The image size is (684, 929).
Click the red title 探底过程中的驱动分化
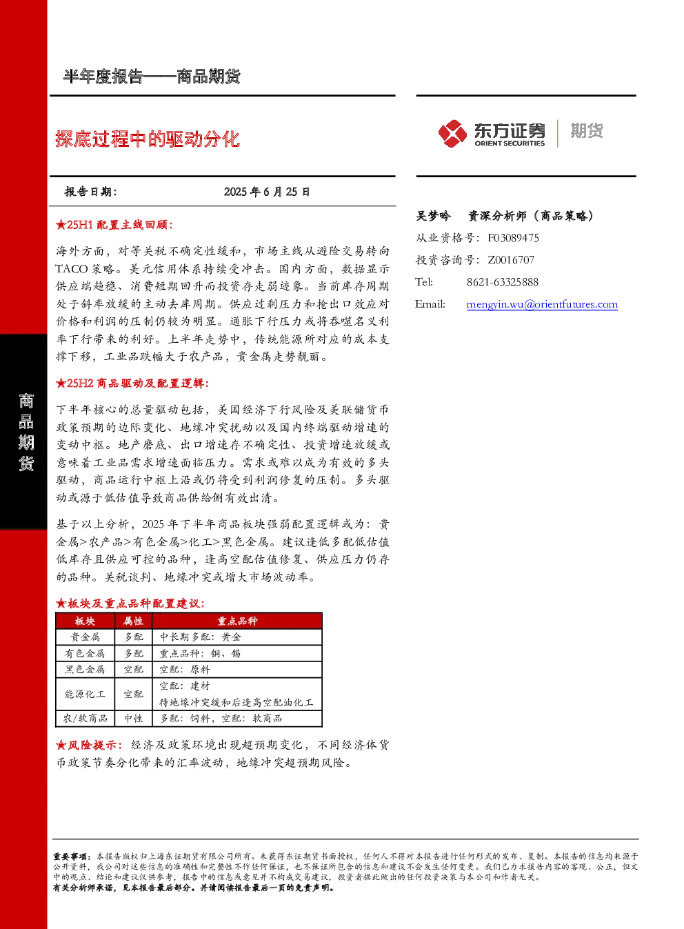[148, 139]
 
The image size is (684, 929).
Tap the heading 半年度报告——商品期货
[152, 77]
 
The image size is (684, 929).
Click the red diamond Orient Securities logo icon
[453, 133]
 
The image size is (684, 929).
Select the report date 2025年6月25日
[267, 192]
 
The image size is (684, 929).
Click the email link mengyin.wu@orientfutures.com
[542, 304]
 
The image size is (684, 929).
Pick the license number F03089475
[513, 238]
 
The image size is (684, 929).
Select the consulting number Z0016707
[511, 259]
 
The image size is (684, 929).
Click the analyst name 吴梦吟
[433, 216]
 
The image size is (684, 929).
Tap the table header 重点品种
[237, 621]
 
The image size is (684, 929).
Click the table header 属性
[133, 621]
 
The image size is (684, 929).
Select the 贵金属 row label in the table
[85, 637]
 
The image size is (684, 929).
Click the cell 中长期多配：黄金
[200, 637]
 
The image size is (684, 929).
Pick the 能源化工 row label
[85, 694]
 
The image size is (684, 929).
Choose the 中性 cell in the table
[134, 719]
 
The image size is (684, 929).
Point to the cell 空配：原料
[185, 670]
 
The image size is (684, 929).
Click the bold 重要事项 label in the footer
[70, 857]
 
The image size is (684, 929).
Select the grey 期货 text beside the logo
[587, 130]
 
